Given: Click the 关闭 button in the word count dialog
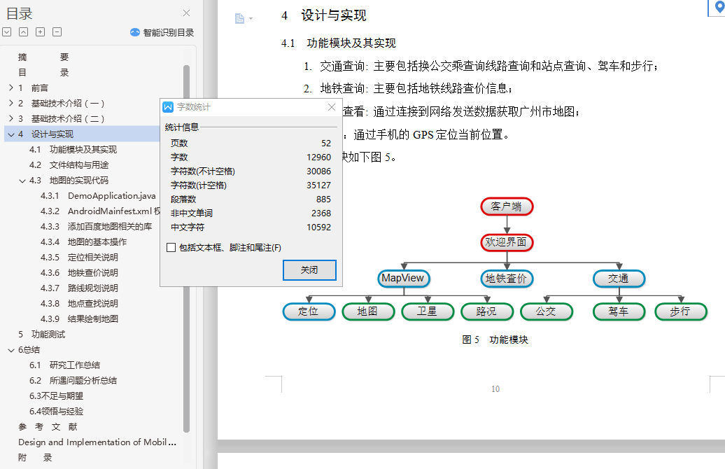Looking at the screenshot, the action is tap(309, 270).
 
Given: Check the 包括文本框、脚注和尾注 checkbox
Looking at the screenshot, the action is tap(171, 248).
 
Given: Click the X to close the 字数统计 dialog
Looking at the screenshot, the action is tap(332, 107).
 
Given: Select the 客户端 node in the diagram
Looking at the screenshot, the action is tap(507, 206).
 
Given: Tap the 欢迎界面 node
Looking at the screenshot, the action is tap(507, 242).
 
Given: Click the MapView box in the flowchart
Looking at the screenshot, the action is tap(404, 279).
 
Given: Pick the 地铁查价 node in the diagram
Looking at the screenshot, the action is tap(507, 279).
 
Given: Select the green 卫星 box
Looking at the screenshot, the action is tap(428, 311).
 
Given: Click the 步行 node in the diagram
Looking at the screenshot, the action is tap(681, 311).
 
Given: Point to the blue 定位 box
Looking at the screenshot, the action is tap(309, 311).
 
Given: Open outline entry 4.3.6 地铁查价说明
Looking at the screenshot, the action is tap(79, 273).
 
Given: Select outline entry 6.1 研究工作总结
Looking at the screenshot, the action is tap(64, 365).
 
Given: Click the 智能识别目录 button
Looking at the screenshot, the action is tap(162, 32).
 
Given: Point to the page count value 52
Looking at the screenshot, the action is tap(326, 143).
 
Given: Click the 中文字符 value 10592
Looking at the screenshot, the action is tap(318, 227).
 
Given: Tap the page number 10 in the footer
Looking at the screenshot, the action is tap(495, 389).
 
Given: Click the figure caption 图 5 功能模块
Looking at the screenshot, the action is tap(495, 340).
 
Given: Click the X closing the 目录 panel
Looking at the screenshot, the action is tap(186, 13).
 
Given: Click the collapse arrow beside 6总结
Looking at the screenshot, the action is tap(11, 351).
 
